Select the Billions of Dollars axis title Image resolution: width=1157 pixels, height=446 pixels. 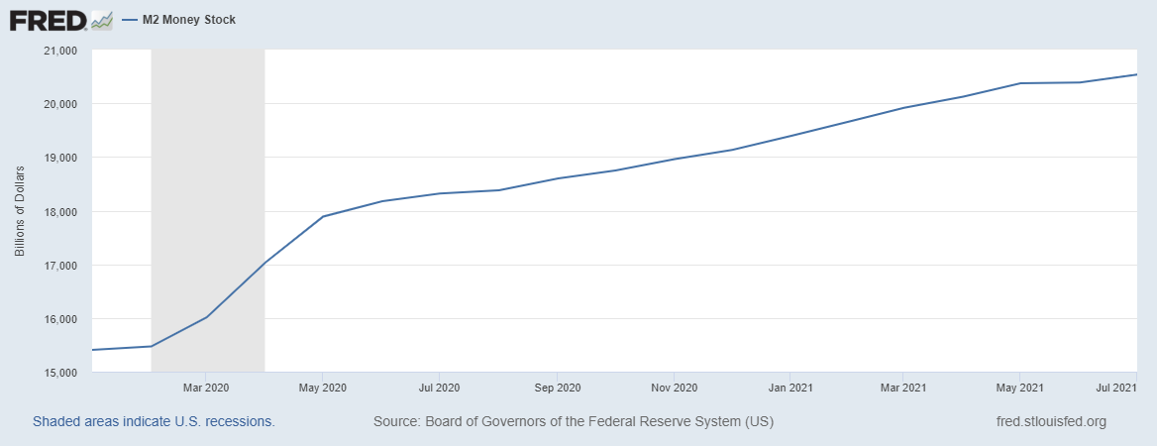coord(20,211)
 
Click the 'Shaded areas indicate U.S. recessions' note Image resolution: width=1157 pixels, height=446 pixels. coord(154,421)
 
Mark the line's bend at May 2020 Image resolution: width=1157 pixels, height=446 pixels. coord(323,216)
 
